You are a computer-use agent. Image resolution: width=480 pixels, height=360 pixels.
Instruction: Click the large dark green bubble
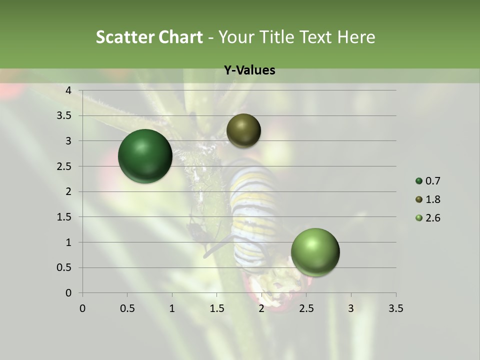pos(145,156)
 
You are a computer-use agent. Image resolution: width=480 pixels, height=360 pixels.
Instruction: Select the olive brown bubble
pos(243,130)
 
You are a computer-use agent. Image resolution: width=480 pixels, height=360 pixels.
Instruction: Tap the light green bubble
pos(315,252)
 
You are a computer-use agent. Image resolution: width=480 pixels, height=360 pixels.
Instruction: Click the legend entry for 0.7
pos(428,181)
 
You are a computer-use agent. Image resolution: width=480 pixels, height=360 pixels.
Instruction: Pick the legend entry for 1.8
pos(428,199)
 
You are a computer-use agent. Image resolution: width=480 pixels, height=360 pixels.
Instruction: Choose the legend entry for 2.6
pos(428,218)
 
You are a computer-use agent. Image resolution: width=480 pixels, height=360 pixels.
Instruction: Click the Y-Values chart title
pos(249,70)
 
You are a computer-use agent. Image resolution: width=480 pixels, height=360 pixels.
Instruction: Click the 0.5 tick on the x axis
pos(127,308)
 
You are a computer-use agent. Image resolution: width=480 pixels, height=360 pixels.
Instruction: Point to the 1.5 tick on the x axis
pos(216,308)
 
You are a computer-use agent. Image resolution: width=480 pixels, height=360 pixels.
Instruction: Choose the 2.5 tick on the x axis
pos(306,308)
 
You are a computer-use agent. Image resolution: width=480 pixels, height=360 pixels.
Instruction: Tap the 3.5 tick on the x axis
pos(395,308)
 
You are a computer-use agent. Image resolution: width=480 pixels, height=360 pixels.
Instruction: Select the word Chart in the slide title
pos(180,37)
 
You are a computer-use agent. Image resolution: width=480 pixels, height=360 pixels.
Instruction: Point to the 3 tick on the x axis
pos(351,308)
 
